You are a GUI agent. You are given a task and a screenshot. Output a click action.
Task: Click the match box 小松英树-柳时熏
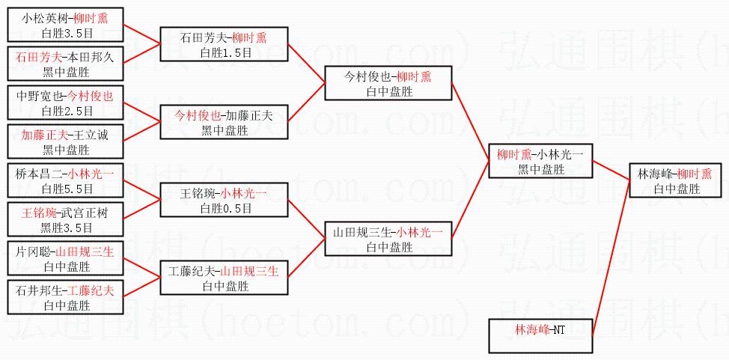point(64,25)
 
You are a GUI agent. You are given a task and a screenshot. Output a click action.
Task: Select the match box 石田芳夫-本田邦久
point(64,64)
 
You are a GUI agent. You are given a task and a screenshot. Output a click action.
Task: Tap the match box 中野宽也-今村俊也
point(64,103)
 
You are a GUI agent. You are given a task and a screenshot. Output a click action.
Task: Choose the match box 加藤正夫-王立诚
point(64,141)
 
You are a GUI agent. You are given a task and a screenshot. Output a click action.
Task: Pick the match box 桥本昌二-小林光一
point(64,180)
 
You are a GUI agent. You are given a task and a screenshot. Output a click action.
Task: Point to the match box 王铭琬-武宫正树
point(64,220)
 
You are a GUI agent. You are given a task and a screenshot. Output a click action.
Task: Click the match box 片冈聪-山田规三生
point(64,259)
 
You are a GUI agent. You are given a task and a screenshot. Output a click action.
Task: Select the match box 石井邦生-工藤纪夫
point(64,298)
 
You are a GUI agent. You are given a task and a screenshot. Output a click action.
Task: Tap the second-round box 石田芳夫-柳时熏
point(223,45)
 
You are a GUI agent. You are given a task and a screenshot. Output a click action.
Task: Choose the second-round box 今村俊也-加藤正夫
point(223,122)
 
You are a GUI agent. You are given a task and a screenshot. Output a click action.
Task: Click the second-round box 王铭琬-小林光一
point(223,200)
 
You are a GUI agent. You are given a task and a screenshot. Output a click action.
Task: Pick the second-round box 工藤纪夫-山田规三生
point(223,278)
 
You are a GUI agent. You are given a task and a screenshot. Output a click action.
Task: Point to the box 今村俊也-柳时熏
point(388,83)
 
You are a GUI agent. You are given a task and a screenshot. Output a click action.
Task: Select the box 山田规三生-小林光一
point(388,239)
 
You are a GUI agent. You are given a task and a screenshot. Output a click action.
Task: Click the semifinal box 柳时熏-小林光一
point(540,161)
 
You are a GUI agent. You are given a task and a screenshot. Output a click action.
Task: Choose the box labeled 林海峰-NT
point(540,336)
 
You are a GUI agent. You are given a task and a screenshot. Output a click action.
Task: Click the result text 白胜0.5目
point(223,208)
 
